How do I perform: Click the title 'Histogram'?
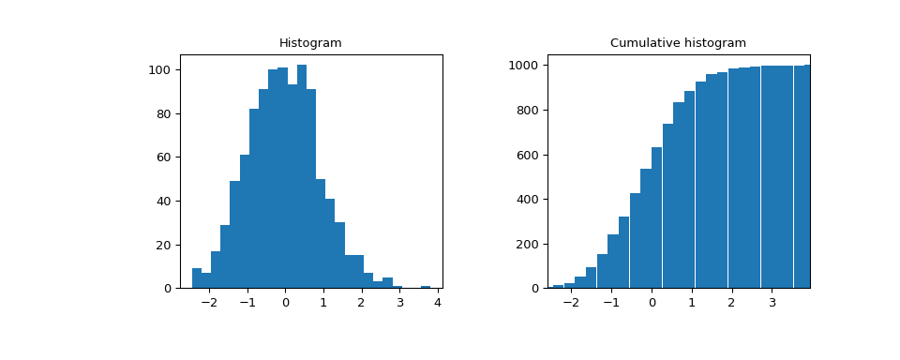(x=310, y=43)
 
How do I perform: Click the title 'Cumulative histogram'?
(x=678, y=43)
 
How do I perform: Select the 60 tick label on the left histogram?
(x=163, y=157)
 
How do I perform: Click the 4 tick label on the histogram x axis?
(x=438, y=303)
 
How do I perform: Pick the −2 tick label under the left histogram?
(x=207, y=303)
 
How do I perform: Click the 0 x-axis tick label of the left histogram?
(x=285, y=303)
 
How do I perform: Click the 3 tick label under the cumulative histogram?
(x=772, y=303)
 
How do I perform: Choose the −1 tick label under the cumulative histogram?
(x=609, y=303)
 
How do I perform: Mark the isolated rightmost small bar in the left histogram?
(x=426, y=287)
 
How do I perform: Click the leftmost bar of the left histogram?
(x=197, y=278)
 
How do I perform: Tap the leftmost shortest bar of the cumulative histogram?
(x=559, y=286)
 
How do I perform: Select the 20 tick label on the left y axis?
(x=163, y=245)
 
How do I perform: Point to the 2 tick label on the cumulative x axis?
(x=732, y=303)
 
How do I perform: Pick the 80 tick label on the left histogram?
(x=163, y=114)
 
